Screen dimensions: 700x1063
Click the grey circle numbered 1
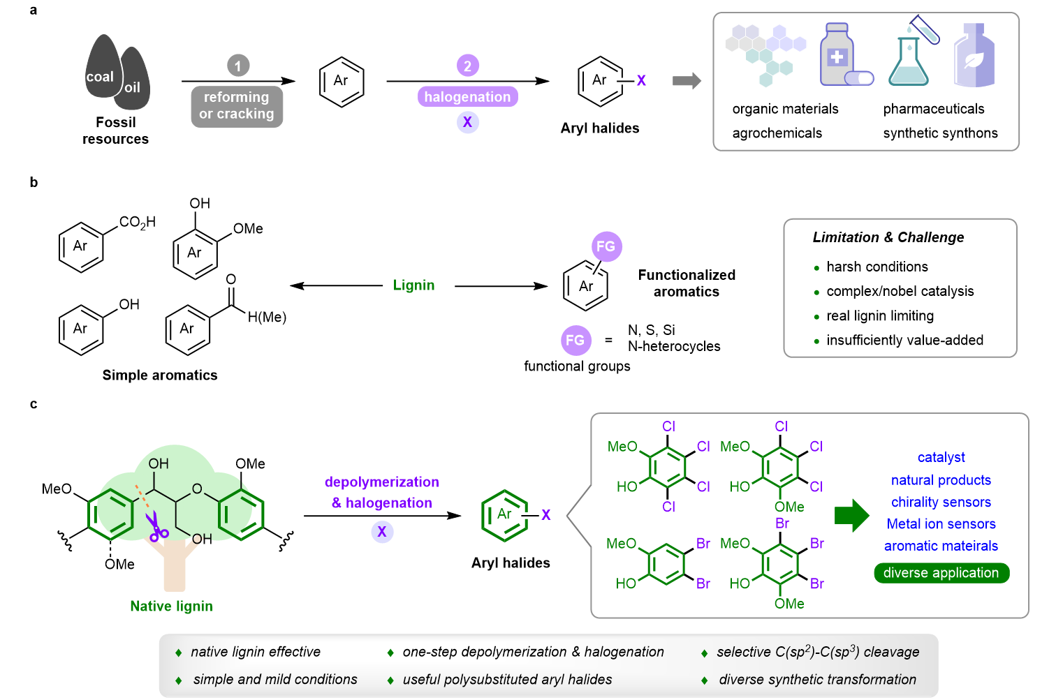(x=238, y=66)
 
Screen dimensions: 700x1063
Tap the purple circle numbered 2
(x=467, y=66)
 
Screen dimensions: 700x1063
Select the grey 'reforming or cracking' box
(x=237, y=106)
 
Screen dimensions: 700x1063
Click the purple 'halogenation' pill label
(x=467, y=97)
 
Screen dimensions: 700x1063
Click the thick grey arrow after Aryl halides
(x=687, y=81)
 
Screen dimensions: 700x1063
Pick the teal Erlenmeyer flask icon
(x=908, y=63)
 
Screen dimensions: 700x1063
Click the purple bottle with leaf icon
(x=974, y=57)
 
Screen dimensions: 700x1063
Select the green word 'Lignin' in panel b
(x=413, y=285)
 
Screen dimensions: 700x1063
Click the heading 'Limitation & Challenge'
(x=888, y=237)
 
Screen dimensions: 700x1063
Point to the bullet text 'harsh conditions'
(x=877, y=267)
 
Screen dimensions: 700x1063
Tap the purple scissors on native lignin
(x=156, y=528)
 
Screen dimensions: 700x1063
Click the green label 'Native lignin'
(x=171, y=606)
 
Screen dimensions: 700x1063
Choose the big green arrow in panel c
(x=851, y=515)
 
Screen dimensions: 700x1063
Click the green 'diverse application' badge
(x=941, y=573)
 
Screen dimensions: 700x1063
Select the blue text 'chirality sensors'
(x=941, y=502)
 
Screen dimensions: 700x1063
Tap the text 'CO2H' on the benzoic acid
(x=137, y=222)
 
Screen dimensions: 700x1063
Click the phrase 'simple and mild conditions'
(x=275, y=679)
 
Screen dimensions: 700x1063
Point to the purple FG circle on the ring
(x=606, y=246)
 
